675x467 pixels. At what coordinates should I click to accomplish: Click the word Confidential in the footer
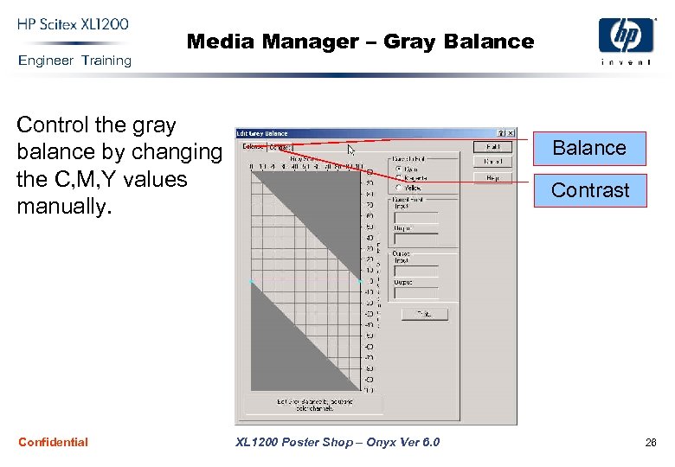point(53,442)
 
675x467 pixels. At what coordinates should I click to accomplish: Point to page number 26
point(650,443)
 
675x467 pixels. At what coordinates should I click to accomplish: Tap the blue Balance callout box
point(589,148)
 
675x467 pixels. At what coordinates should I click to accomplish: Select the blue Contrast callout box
point(590,190)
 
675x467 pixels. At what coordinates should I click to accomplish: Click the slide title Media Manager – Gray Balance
point(360,41)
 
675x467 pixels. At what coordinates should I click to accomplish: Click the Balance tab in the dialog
point(253,147)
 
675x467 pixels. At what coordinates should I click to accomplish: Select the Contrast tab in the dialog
point(281,147)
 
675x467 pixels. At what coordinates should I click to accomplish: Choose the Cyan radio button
point(399,169)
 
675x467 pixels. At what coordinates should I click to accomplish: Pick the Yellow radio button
point(399,187)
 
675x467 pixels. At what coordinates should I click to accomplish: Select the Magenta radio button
point(399,178)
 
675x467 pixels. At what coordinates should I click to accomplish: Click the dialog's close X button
point(511,133)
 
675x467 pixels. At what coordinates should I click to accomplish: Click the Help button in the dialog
point(492,178)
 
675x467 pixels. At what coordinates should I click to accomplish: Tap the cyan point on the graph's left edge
point(250,282)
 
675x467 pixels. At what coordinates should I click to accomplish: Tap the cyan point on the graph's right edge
point(360,282)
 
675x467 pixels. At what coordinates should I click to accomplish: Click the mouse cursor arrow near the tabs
point(350,150)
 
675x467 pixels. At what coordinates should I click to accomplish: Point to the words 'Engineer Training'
point(74,61)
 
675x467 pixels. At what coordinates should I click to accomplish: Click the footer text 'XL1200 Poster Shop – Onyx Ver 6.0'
point(337,443)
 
